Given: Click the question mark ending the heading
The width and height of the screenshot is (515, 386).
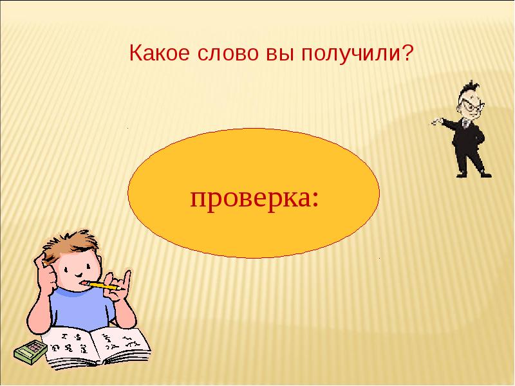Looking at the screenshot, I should pyautogui.click(x=407, y=54).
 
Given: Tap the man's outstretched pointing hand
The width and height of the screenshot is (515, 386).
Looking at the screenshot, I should pyautogui.click(x=435, y=121).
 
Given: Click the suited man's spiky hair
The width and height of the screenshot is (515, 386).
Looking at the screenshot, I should pyautogui.click(x=469, y=89).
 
